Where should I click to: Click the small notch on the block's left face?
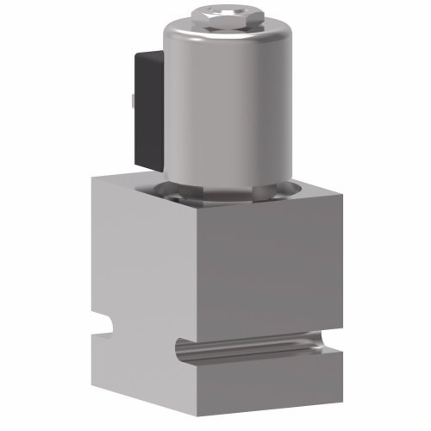[105, 326]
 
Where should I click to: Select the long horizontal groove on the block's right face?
[259, 346]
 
